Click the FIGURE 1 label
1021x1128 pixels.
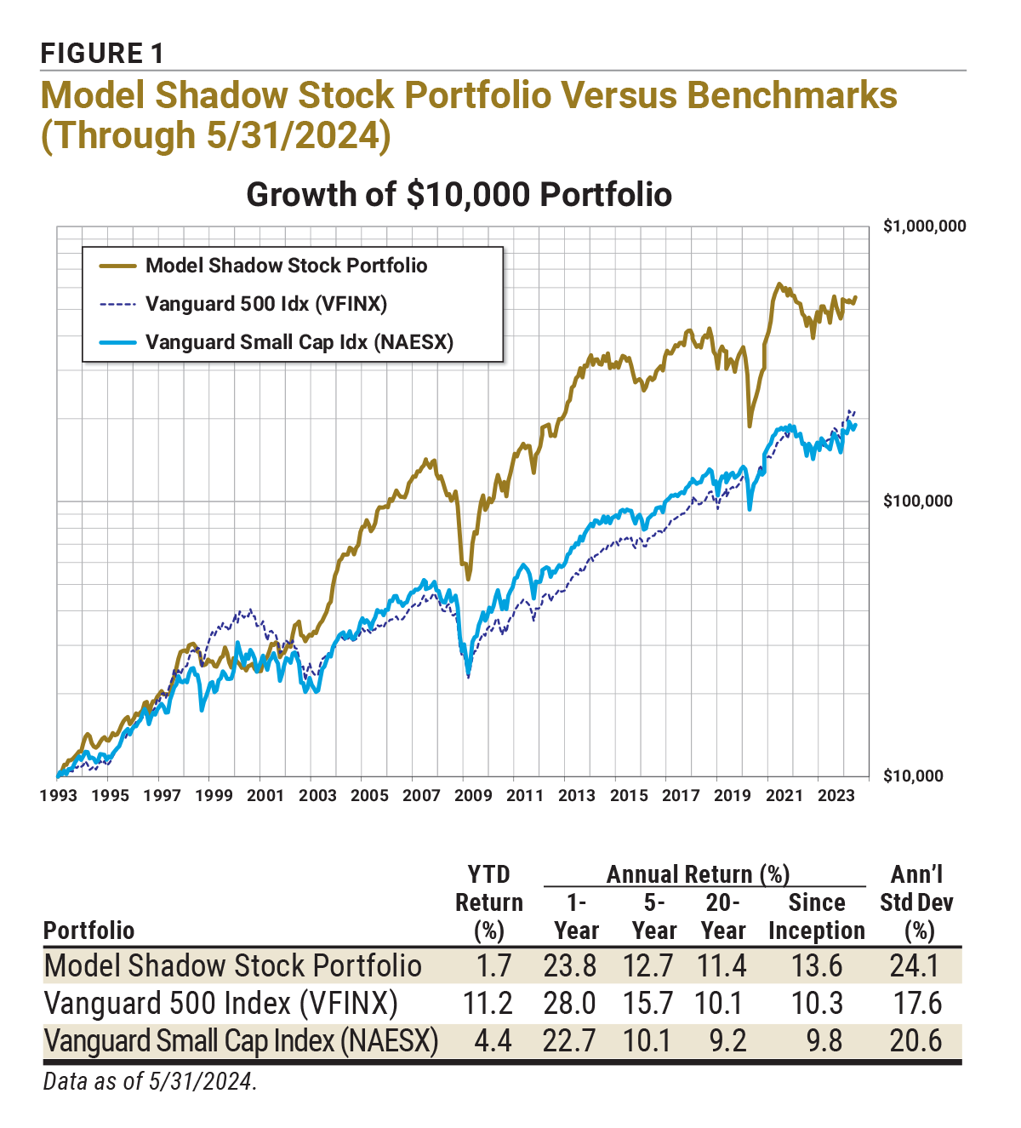pos(102,54)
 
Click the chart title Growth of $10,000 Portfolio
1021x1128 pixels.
pos(459,194)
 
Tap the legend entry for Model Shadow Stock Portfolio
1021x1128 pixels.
pos(286,266)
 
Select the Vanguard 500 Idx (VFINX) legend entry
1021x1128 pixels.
pos(266,304)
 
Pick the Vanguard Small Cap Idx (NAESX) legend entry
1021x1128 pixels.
pos(299,342)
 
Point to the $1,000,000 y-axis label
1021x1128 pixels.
pos(924,226)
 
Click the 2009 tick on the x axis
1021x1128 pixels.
pos(472,795)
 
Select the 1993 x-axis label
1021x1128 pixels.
pos(58,795)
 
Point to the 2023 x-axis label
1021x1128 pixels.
pos(836,795)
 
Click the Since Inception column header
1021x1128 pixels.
pos(816,917)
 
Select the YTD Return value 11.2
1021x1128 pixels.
pos(488,1004)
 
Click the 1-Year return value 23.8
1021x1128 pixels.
pos(569,966)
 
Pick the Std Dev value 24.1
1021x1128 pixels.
pos(916,966)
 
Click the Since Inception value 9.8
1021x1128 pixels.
pos(823,1041)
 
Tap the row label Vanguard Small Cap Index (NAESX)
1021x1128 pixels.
pos(241,1041)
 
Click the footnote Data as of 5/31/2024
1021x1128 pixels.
pos(150,1082)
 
